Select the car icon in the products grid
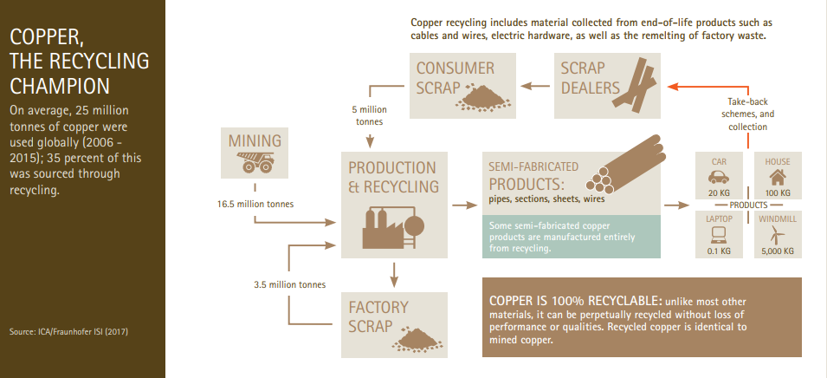[x=720, y=178]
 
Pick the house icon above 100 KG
[x=776, y=178]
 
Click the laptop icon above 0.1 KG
[x=719, y=233]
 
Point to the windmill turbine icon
[x=777, y=233]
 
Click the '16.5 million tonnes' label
[x=255, y=205]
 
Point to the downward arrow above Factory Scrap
[x=394, y=275]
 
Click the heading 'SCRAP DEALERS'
[x=591, y=78]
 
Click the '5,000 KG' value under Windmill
[x=777, y=251]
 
